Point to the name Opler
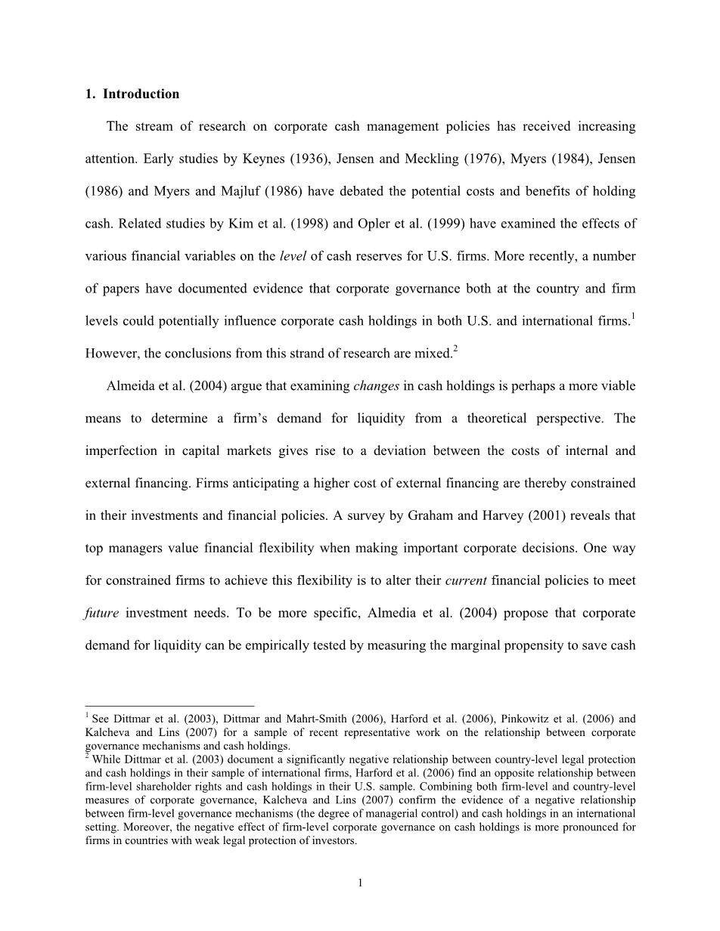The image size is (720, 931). [429, 224]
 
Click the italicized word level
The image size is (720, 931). [293, 256]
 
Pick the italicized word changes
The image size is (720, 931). [377, 386]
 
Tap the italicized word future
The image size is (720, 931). [102, 614]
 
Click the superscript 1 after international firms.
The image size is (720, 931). [632, 315]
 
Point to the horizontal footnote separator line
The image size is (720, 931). [169, 706]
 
